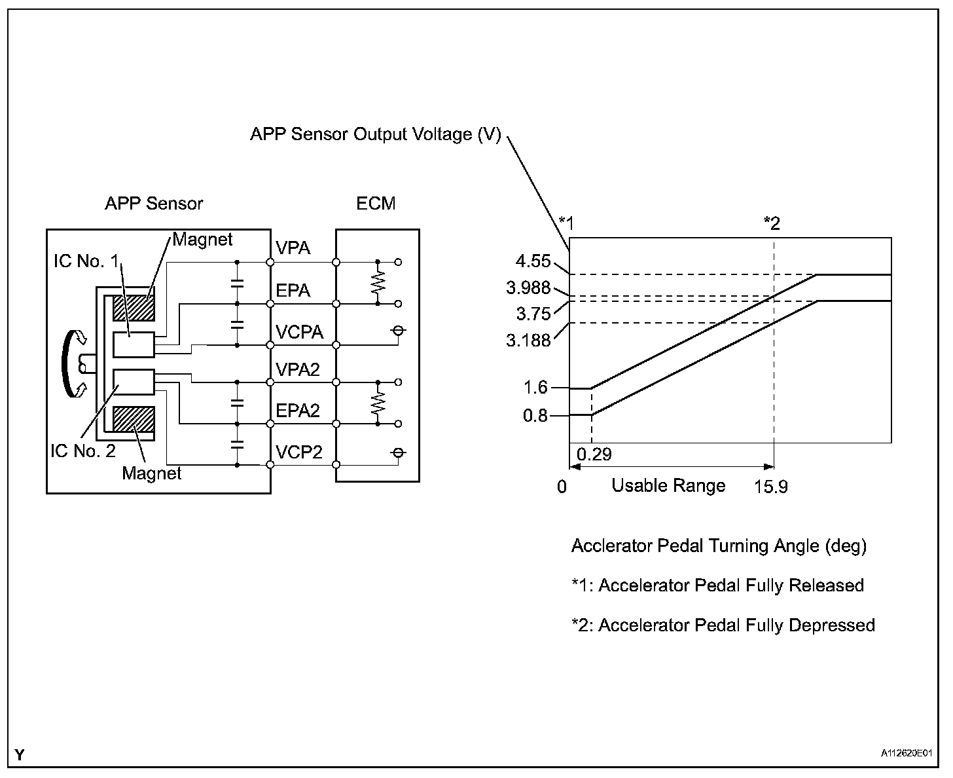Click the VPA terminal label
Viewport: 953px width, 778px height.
point(293,248)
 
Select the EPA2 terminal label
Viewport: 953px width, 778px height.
point(298,411)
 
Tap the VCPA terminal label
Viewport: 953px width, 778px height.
point(299,332)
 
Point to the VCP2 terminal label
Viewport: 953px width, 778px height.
point(299,452)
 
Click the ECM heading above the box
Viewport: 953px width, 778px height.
point(376,203)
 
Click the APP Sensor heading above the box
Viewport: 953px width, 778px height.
point(154,203)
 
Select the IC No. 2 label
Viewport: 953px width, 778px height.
point(83,451)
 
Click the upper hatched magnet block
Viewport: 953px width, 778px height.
point(134,308)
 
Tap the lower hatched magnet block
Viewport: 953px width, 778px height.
point(134,419)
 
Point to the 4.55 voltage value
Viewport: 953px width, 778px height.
point(533,262)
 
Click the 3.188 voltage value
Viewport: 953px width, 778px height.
point(528,340)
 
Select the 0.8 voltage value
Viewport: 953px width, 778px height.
point(535,415)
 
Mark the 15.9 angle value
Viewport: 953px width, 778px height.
point(772,487)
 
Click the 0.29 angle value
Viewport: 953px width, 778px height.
point(594,454)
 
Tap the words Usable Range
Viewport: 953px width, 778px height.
point(668,485)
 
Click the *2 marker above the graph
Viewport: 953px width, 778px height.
point(772,223)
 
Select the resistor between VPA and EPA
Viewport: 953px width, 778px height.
point(378,283)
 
